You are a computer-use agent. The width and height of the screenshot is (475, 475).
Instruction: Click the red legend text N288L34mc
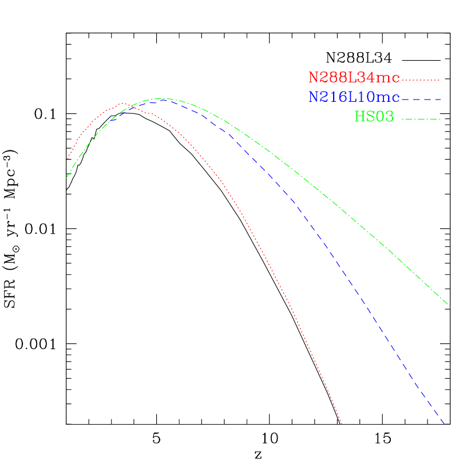[354, 77]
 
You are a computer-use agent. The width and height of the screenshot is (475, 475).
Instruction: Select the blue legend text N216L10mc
[354, 97]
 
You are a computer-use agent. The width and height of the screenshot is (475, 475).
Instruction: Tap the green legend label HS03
[374, 117]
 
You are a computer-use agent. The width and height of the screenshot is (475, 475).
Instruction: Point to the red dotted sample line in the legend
[421, 80]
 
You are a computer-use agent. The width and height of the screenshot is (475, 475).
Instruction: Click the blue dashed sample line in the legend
[421, 100]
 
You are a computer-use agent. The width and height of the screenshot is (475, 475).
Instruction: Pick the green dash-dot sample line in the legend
[421, 119]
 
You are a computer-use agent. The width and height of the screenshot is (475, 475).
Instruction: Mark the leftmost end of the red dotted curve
[68, 159]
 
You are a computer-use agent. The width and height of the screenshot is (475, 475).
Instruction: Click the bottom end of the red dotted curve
[342, 424]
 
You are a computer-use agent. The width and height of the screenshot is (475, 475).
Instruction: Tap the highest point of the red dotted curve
[123, 104]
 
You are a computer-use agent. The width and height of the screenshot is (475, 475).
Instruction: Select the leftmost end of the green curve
[66, 177]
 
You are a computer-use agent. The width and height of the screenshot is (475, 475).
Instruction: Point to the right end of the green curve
[450, 306]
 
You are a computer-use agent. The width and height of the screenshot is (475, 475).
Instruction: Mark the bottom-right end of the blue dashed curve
[444, 424]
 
